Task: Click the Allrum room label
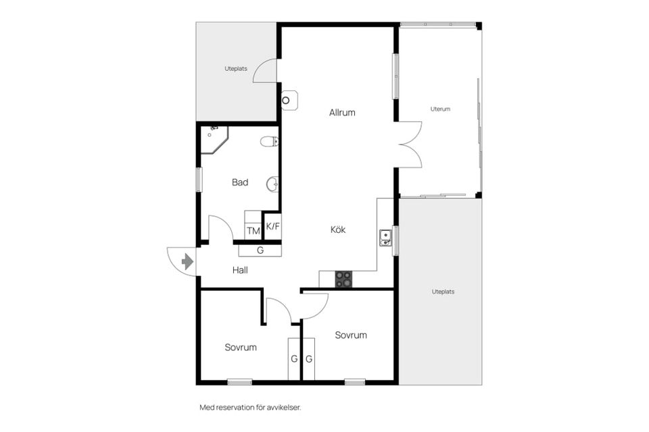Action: [x=342, y=113]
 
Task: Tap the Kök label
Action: [x=338, y=230]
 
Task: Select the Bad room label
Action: [x=239, y=182]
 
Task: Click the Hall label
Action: [x=240, y=271]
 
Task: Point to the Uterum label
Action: [x=440, y=109]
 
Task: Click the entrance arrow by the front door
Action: [x=187, y=262]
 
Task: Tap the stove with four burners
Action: [x=343, y=279]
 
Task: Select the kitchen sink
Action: [x=385, y=238]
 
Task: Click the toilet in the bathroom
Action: [x=269, y=142]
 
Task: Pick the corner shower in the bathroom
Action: [x=213, y=140]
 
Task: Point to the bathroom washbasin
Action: [x=272, y=184]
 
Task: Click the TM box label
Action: [x=254, y=231]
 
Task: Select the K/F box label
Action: [x=272, y=226]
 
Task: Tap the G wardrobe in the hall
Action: [x=260, y=250]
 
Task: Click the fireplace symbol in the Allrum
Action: [x=289, y=101]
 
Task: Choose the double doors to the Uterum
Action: [x=410, y=144]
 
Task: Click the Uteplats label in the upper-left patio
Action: [x=236, y=69]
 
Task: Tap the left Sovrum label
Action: [x=241, y=347]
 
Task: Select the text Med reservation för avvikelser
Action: [x=250, y=408]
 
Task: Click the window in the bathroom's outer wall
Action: [x=199, y=180]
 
